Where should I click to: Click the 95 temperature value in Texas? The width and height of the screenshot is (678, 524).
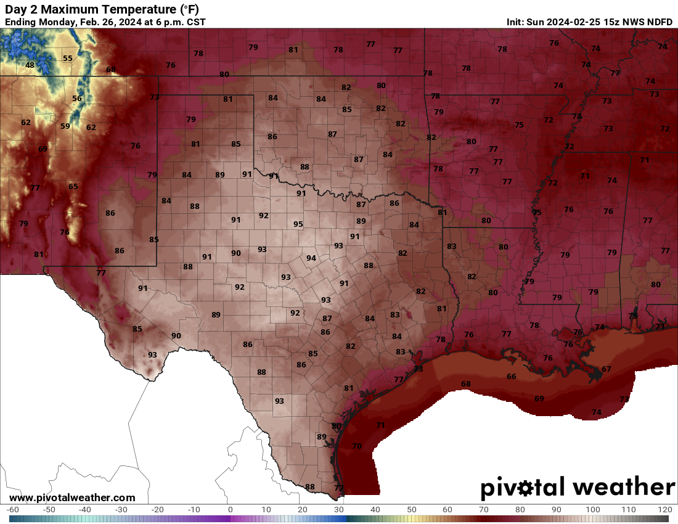(x=298, y=224)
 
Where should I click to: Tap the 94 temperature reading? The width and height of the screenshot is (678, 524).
(x=311, y=258)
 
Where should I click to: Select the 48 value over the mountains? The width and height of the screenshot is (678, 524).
(x=30, y=65)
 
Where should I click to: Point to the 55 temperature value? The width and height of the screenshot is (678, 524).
(x=68, y=59)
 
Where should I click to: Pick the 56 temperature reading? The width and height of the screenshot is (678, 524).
(x=77, y=99)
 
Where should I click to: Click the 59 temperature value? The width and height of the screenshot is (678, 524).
(x=65, y=126)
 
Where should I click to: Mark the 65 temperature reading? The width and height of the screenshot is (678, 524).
(x=73, y=187)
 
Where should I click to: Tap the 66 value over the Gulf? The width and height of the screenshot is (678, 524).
(x=512, y=377)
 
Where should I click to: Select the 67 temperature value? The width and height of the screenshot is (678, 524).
(x=607, y=369)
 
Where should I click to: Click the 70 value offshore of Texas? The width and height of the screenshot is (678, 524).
(x=357, y=446)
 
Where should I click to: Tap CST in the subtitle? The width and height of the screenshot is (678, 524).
(x=195, y=22)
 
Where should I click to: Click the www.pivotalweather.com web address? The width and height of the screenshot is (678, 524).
(x=72, y=497)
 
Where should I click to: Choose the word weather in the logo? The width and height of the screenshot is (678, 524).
(x=623, y=488)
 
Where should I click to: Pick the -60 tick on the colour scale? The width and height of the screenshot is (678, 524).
(x=12, y=510)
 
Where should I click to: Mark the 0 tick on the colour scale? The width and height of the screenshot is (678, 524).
(x=231, y=510)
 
